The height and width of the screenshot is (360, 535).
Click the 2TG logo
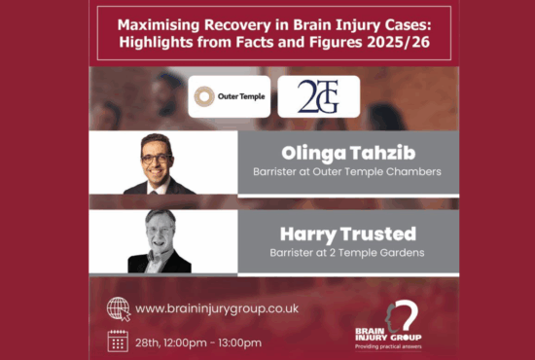pos(318,96)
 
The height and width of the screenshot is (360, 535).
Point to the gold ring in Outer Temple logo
pos(204,96)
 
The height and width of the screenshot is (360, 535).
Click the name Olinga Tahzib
pos(348,154)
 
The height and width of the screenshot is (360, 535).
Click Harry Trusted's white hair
pos(159,218)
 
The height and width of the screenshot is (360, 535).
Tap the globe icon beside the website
pos(117,307)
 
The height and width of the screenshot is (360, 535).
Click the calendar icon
pos(117,341)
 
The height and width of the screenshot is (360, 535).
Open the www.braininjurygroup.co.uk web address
pos(217,308)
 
